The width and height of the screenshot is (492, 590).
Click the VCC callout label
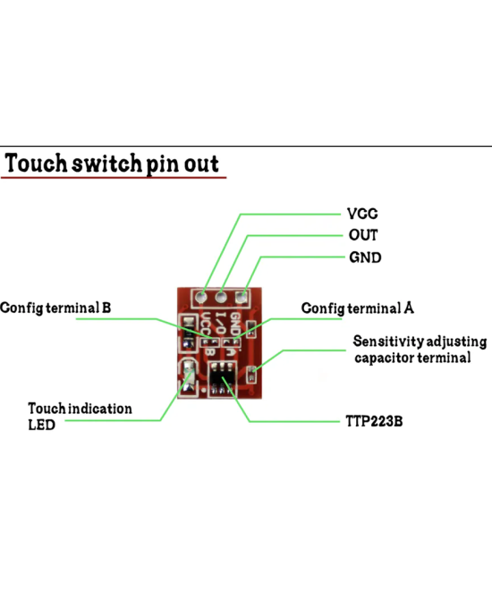362,215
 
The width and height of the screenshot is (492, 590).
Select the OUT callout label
362,236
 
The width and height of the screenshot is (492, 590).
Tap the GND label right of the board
365,257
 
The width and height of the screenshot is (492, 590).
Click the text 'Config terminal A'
357,308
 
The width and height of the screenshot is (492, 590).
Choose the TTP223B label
374,420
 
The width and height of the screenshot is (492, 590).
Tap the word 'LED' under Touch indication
41,426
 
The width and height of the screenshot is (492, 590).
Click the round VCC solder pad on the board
204,296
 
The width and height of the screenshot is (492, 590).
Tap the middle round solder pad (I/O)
222,296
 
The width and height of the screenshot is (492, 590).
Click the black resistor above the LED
189,326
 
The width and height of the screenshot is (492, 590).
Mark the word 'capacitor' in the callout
386,358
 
